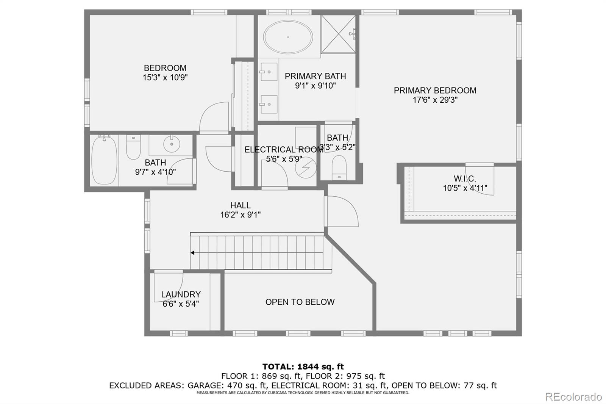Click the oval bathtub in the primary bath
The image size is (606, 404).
point(288,37)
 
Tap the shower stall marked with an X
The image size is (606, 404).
point(338,34)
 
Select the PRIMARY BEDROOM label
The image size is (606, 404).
point(435,91)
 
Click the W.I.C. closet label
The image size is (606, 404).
point(465,179)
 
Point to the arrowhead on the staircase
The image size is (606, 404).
point(193,253)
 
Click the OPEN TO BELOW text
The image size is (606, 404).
point(300,302)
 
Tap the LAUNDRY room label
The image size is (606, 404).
point(181,294)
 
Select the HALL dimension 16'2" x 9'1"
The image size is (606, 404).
point(240,215)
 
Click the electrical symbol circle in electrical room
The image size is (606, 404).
point(306,168)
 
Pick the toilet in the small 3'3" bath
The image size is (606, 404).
point(339,167)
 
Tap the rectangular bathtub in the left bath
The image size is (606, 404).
point(104,160)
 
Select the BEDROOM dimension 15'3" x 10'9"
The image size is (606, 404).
point(165,78)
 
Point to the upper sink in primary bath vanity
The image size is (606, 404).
point(269,72)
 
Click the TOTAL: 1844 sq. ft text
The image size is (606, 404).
point(303,366)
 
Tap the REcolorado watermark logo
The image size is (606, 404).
point(573,397)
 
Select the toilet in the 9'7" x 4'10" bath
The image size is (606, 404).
point(133,148)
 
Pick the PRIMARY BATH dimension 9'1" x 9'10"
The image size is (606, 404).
point(315,86)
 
